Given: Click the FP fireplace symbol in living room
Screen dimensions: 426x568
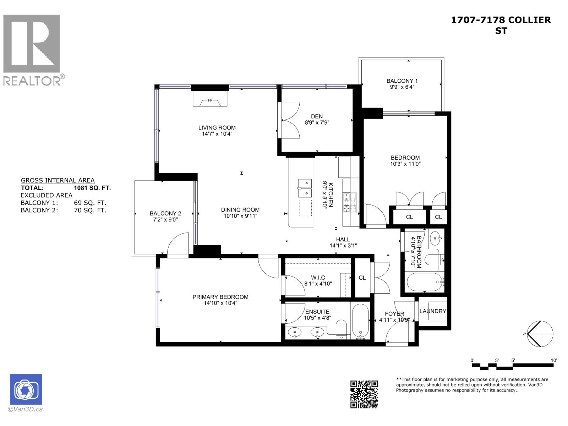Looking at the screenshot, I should coord(210,101).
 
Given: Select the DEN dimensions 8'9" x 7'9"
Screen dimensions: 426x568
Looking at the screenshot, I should coord(317,123).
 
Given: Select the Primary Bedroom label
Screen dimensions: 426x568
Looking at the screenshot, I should coord(220,297).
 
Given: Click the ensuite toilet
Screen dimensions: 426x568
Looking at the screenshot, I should coord(341,330).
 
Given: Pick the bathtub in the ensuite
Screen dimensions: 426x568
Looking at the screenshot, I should coord(361,321).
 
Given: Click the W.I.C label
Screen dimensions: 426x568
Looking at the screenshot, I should coord(318,278).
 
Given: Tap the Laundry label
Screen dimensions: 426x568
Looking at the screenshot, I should coord(433,311).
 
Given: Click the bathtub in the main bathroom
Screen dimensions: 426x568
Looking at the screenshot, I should coord(424,282).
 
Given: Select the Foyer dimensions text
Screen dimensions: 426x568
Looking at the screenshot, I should coord(394,320).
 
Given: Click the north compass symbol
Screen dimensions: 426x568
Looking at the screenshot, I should coord(540,334).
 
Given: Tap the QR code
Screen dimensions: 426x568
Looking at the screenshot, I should coord(364,394).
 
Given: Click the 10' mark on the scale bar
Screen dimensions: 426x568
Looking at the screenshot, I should coord(554,361).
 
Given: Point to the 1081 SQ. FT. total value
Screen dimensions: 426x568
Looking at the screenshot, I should coord(92,188).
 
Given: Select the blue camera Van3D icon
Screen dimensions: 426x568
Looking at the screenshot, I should coord(26,389).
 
